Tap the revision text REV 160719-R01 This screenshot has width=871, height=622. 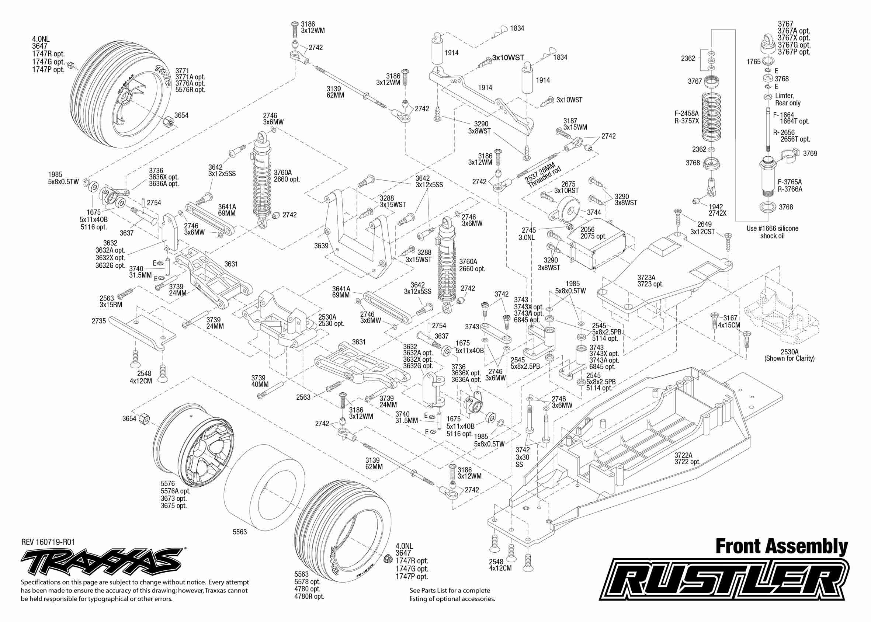(48, 542)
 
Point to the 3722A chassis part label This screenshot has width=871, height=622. (683, 455)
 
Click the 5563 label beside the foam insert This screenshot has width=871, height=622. (240, 532)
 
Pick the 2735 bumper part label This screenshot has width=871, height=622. (98, 321)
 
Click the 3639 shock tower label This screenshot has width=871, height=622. (321, 246)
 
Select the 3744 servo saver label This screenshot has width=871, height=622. (594, 212)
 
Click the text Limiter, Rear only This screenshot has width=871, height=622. (788, 99)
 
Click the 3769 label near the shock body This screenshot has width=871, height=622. (810, 153)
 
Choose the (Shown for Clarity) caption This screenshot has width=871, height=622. (790, 358)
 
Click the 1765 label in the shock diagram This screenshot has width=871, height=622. (753, 62)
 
